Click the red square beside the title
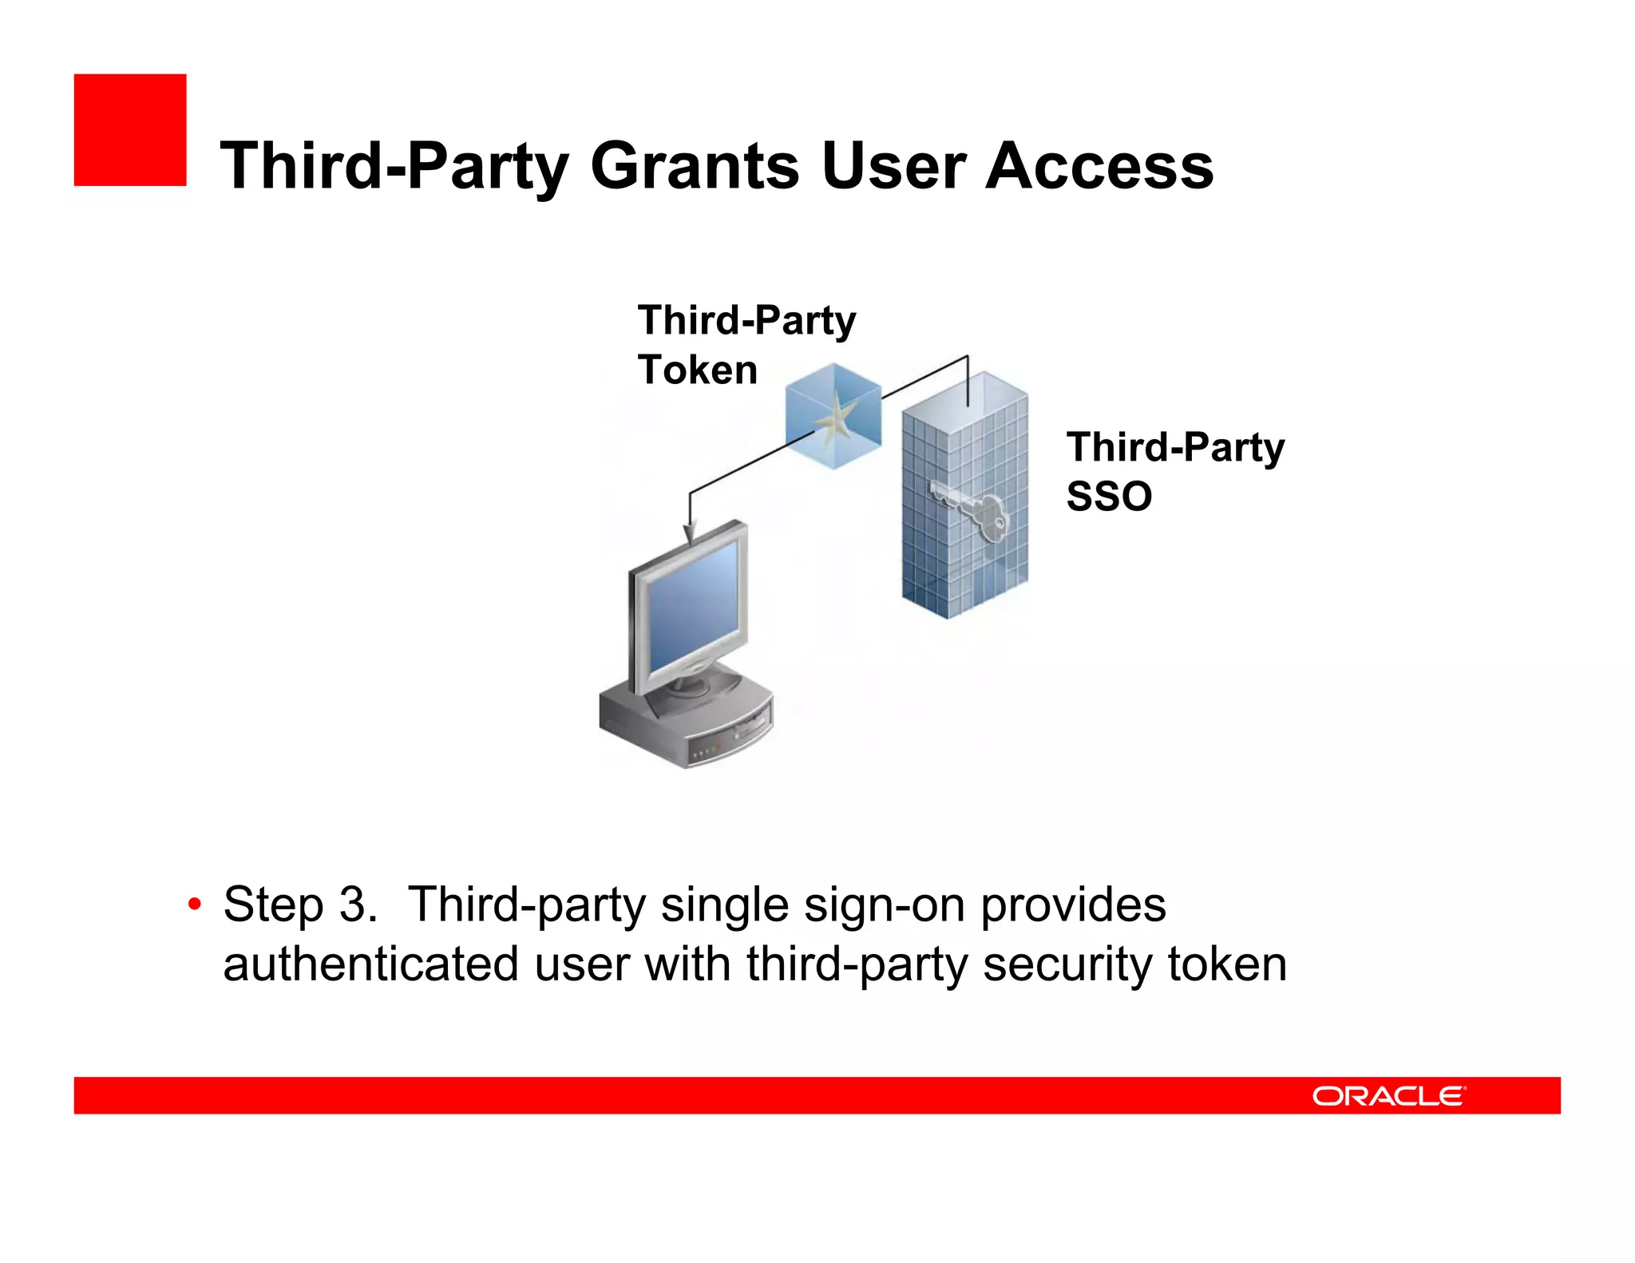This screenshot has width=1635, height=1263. (x=130, y=130)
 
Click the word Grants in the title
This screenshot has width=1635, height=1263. (x=695, y=166)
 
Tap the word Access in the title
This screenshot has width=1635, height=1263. (x=1099, y=166)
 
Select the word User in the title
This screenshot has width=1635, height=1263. (x=893, y=166)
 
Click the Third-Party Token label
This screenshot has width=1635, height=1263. (x=746, y=345)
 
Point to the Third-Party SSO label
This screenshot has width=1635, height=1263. (x=1174, y=471)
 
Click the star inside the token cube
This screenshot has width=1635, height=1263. (x=835, y=418)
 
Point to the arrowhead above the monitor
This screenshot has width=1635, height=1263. (x=690, y=532)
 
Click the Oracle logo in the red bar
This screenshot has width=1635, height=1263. (x=1388, y=1095)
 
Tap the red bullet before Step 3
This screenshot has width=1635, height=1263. (x=194, y=905)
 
